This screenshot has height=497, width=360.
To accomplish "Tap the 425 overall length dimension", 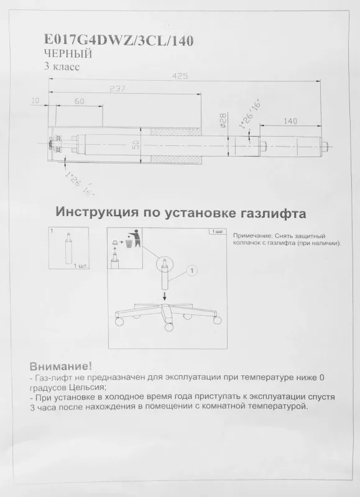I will point(181,76).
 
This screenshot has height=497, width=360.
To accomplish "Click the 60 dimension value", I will point(79,101).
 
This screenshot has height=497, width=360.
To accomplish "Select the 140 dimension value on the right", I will point(290,121).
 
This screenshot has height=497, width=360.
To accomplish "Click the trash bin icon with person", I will point(131,239).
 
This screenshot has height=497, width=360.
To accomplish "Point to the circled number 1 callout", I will point(192,271).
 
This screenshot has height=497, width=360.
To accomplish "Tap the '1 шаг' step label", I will point(218,232).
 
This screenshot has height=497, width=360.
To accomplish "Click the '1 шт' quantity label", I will point(80,265).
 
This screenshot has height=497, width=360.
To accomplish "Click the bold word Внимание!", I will point(60,366).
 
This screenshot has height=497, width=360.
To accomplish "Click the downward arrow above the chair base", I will point(164,295).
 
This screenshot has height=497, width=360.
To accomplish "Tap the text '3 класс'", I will point(62,66).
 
